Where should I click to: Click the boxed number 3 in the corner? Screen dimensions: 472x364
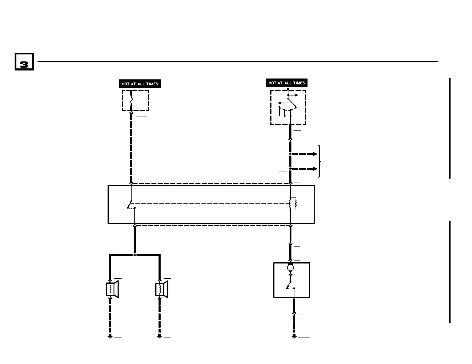coord(24,62)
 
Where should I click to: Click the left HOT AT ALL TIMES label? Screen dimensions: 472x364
coord(140,84)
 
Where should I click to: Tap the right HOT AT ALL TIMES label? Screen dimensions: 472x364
coord(286,83)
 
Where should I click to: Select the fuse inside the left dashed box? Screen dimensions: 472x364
coord(131,101)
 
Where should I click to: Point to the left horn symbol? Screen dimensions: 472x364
coord(112,289)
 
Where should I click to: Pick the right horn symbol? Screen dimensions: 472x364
coord(162,289)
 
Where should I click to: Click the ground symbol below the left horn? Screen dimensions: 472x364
coord(110,336)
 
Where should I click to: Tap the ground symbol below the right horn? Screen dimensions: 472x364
coord(159,336)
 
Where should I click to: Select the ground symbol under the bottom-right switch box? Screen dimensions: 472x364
coord(294,336)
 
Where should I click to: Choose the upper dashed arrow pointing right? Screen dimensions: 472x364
coord(304,154)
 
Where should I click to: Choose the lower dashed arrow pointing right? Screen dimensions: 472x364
coord(304,169)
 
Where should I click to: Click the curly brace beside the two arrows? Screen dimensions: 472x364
coord(319,161)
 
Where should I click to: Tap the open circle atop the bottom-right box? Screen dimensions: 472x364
coord(291,268)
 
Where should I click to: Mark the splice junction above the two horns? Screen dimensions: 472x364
coord(135,255)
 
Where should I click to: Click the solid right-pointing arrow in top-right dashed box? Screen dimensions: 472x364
coord(293,95)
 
